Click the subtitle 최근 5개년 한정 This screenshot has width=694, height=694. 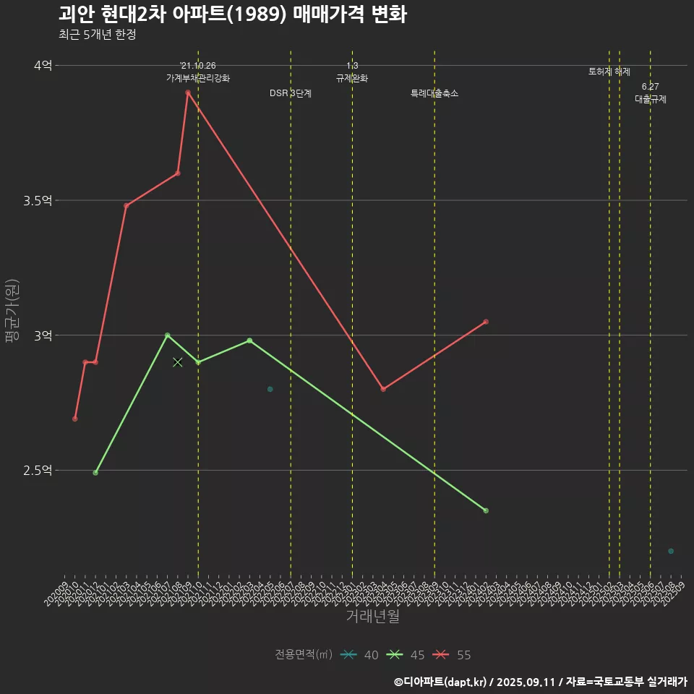click(x=97, y=35)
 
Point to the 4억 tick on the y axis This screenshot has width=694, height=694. click(x=43, y=65)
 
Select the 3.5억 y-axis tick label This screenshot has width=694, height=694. click(x=38, y=200)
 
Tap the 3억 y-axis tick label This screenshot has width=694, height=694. click(x=43, y=335)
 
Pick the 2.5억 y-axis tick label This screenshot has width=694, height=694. click(x=38, y=471)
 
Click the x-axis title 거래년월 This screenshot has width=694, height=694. click(x=372, y=617)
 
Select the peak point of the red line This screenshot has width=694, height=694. click(x=188, y=93)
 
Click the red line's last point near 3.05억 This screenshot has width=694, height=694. click(x=486, y=322)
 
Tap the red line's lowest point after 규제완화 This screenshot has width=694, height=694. click(x=383, y=389)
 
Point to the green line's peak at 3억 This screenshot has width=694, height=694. click(x=167, y=335)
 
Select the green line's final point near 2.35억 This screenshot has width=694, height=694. click(x=486, y=510)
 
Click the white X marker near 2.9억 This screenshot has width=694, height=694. click(x=178, y=362)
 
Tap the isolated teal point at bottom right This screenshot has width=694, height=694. click(x=671, y=552)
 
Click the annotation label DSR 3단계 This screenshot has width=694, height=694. click(x=291, y=93)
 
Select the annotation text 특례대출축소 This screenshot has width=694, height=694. click(x=434, y=93)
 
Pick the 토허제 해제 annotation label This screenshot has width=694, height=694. click(x=609, y=72)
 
